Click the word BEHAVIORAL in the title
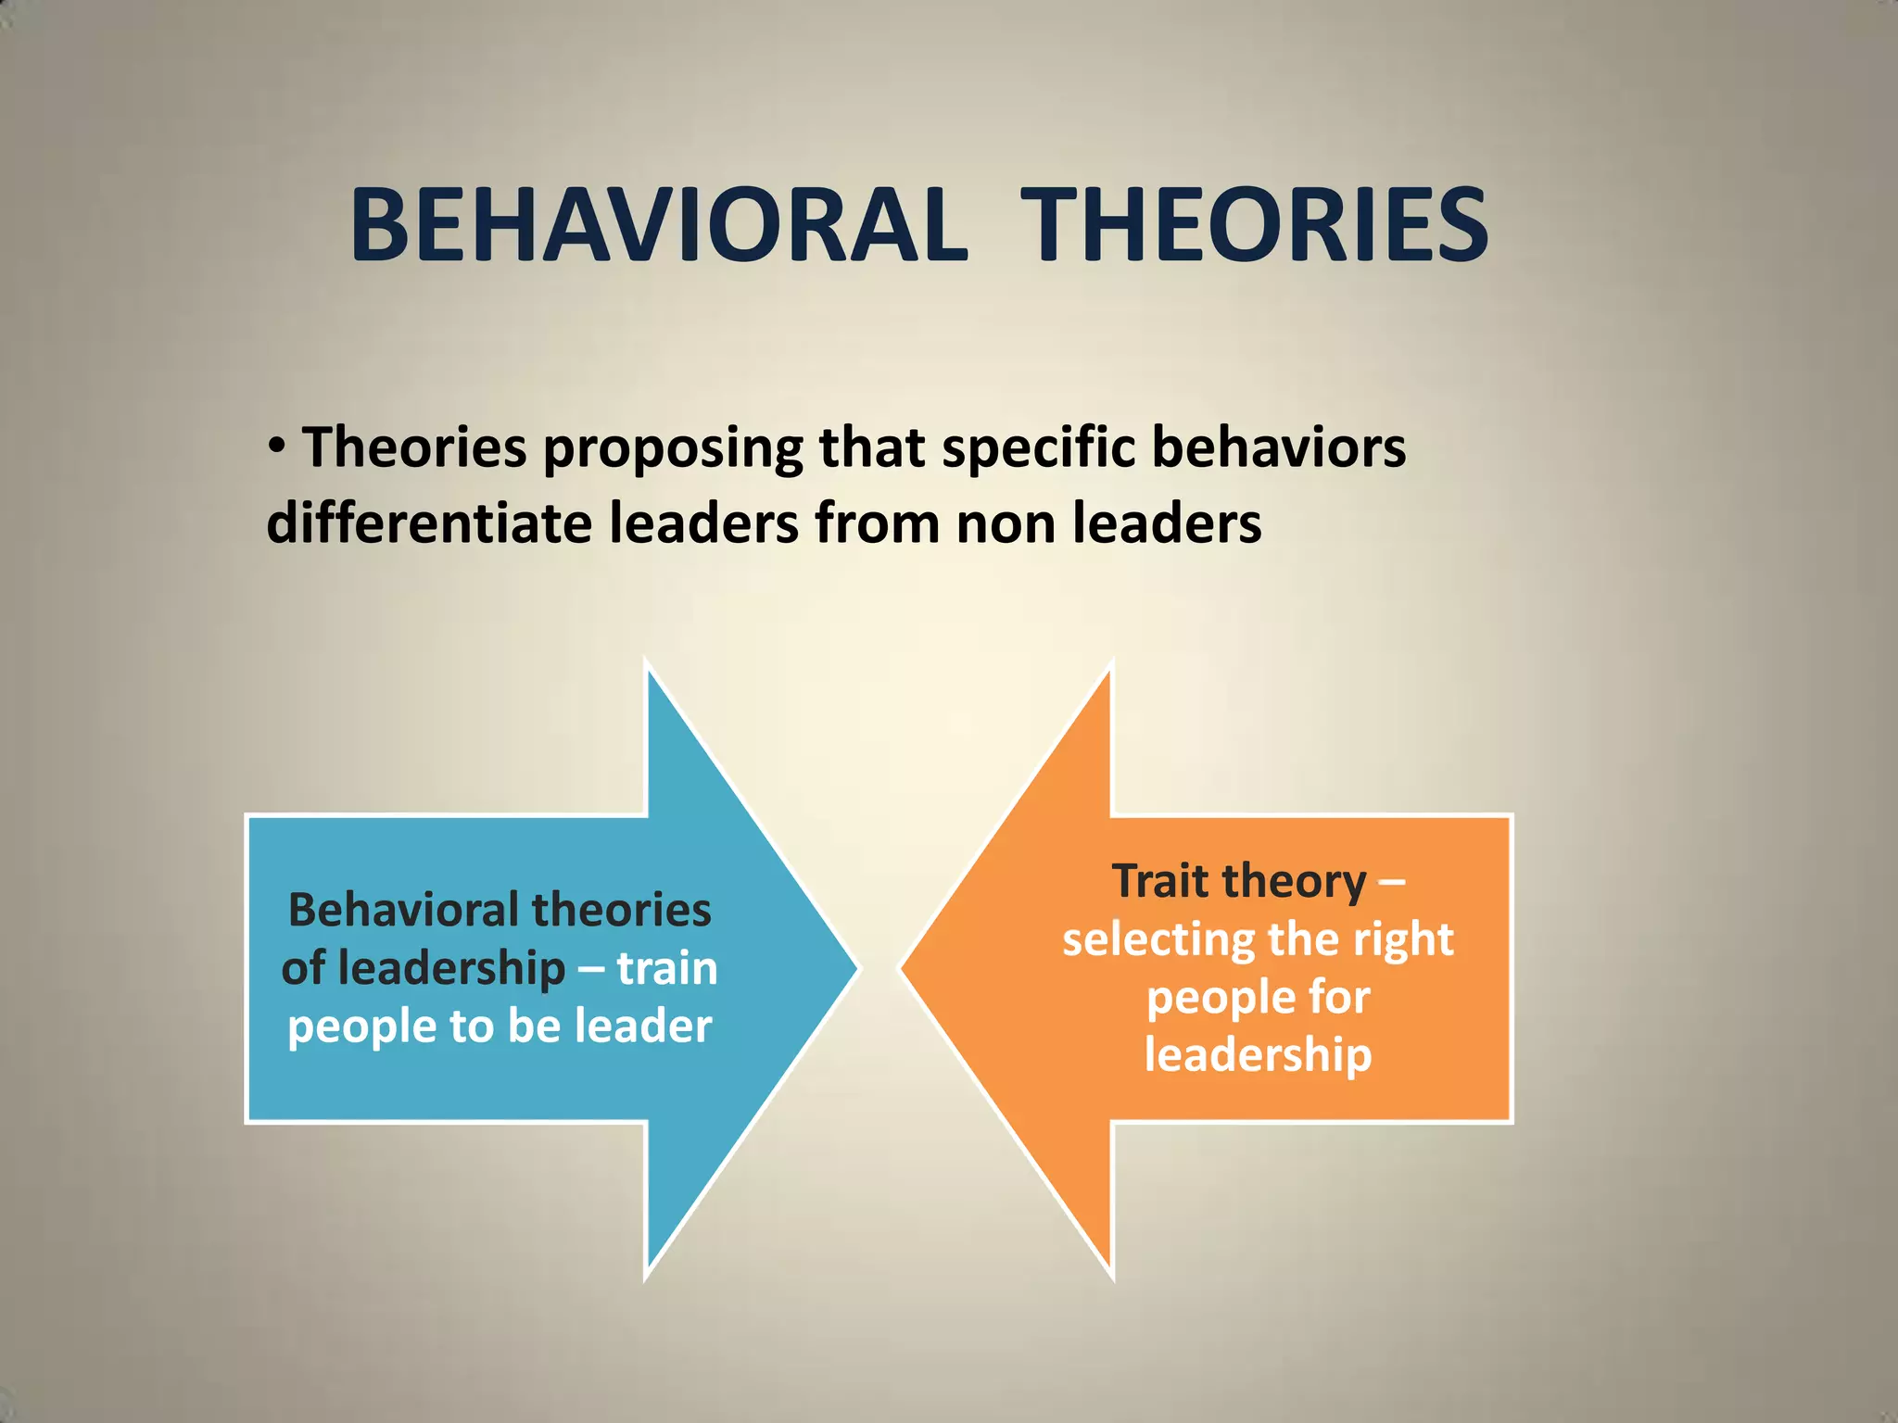click(x=658, y=226)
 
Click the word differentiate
click(x=429, y=523)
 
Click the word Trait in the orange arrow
click(x=1160, y=880)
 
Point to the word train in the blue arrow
click(x=667, y=969)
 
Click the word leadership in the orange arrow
click(x=1258, y=1056)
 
